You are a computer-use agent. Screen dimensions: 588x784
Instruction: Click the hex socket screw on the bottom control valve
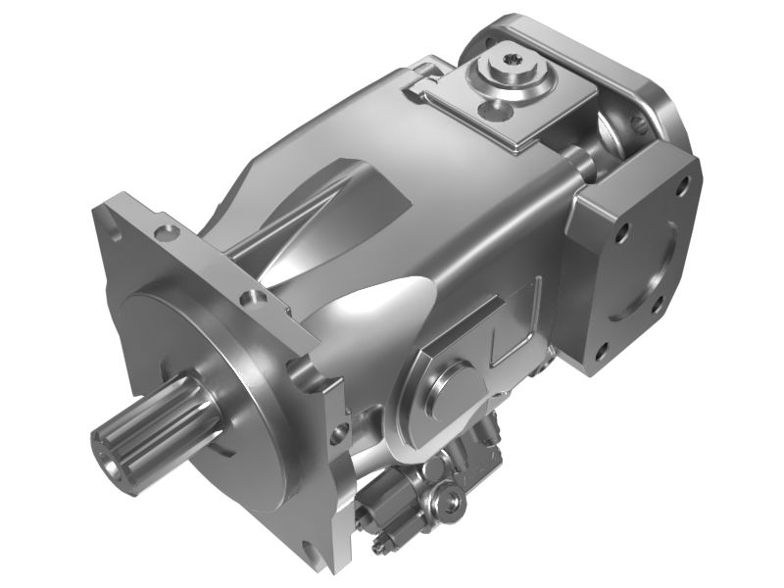[451, 501]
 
